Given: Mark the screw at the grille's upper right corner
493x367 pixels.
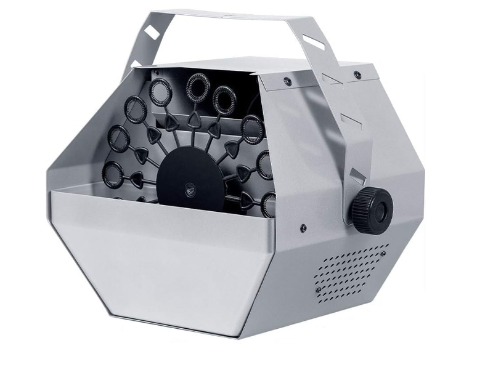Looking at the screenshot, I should coord(385,249).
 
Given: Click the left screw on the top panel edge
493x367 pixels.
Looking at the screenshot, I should coord(287,81).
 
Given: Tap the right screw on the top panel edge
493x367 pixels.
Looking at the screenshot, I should coord(357,75).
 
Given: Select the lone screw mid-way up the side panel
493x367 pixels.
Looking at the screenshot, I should coord(303,228).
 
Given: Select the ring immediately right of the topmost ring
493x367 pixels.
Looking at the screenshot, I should coord(224,97).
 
